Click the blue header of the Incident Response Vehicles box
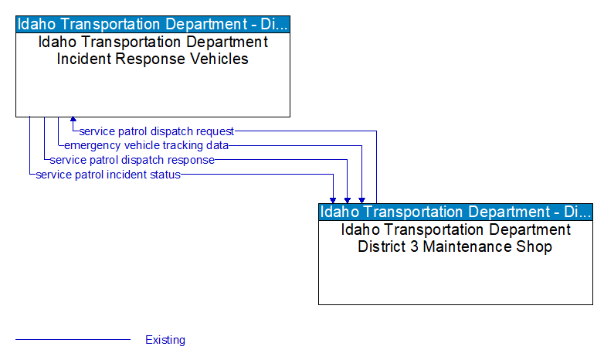tap(153, 23)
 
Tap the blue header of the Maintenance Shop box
tap(456, 212)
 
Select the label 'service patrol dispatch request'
tap(157, 131)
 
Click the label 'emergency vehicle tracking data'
tap(147, 145)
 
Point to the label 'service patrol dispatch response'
tap(132, 160)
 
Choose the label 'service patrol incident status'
tap(108, 175)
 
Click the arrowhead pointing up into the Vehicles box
tap(73, 121)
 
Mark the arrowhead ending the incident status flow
tap(334, 199)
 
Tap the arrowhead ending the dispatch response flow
tap(348, 199)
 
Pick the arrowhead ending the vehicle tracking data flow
tap(361, 199)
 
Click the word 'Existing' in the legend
tap(165, 340)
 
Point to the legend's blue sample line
tap(73, 339)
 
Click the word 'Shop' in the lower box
tap(534, 247)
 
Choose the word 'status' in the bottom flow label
tap(165, 175)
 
